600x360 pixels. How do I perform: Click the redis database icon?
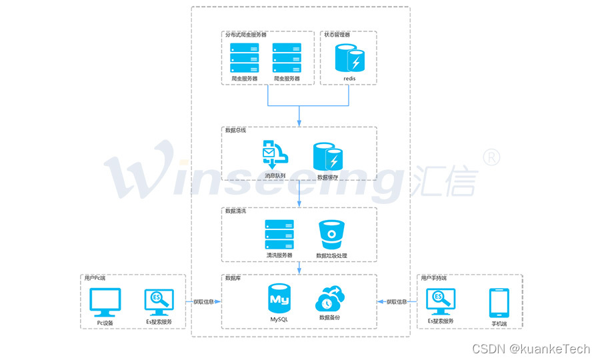[349, 58]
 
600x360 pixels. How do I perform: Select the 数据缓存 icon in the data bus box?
[327, 157]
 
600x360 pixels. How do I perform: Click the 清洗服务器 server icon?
[279, 235]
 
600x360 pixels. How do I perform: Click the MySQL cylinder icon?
[279, 299]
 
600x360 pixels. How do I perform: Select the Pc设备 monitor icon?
[105, 303]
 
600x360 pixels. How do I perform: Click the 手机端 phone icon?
[499, 303]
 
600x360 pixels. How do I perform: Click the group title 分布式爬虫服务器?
[246, 34]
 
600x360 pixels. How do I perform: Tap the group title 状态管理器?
[337, 34]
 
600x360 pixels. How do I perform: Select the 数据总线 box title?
[235, 130]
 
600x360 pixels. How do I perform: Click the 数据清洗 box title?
[235, 211]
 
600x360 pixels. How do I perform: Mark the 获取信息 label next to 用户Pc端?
[203, 302]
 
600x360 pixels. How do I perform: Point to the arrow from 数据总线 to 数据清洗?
[299, 192]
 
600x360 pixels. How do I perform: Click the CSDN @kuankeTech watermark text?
[531, 349]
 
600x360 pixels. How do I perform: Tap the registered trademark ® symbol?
[491, 156]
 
